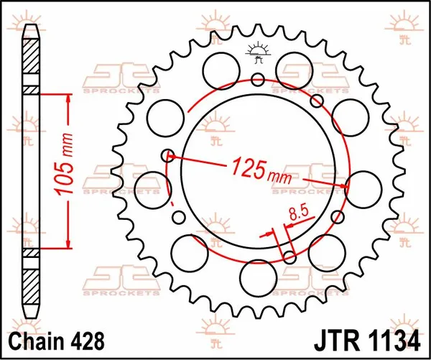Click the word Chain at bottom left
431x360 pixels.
coord(34,338)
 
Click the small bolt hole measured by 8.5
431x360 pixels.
coord(289,257)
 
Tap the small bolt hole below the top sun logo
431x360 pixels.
coord(257,78)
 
